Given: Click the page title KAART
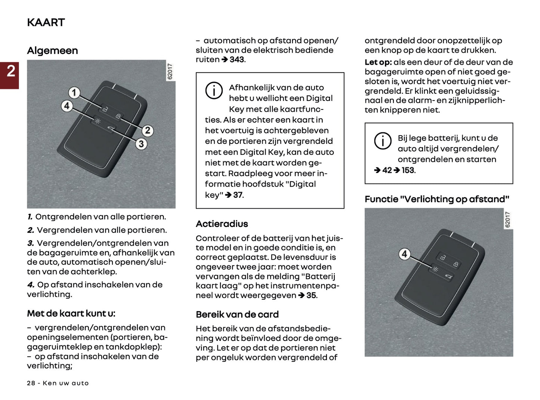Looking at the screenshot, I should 46,22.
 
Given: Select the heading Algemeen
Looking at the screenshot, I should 52,50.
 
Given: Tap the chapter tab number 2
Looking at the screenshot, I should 10,71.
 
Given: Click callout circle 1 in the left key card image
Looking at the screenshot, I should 74,92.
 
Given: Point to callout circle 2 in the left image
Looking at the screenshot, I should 147,130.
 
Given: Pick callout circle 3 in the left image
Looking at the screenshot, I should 141,144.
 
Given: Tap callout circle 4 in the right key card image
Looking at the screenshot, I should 404,254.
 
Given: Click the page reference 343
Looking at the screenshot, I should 237,59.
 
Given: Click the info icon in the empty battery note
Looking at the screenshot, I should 382,141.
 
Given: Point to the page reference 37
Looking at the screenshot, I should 238,195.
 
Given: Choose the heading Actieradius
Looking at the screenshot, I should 222,224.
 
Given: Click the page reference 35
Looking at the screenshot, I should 311,295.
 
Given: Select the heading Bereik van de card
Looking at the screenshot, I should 237,314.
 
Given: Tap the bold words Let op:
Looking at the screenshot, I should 378,62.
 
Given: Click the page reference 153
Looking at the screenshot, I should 408,170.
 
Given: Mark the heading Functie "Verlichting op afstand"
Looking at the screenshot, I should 436,199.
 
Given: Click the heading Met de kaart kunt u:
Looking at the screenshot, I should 71,313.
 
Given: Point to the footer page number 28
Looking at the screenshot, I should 31,383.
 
